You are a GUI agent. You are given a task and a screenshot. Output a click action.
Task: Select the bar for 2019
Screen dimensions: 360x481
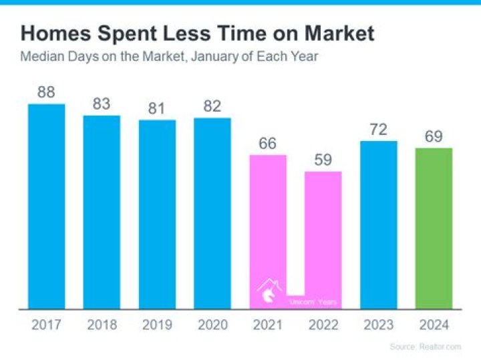[x=157, y=214]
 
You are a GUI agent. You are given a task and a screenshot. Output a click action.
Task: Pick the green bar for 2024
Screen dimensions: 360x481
[x=434, y=228]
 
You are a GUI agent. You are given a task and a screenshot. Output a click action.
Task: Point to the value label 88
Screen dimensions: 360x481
[x=46, y=92]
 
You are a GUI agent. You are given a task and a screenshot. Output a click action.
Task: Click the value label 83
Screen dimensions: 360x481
[x=102, y=104]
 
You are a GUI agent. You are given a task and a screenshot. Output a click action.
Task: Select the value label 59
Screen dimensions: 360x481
[x=323, y=160]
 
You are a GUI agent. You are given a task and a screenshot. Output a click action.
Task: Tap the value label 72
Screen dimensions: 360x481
[x=378, y=130]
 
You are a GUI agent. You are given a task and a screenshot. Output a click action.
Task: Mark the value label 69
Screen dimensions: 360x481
[x=434, y=136]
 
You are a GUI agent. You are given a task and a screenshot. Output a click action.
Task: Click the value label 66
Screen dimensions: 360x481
[x=268, y=144]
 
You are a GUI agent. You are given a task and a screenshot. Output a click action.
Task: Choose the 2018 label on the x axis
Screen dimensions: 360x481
[x=102, y=325]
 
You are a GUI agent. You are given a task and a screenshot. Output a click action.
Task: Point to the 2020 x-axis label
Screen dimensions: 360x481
[x=212, y=325]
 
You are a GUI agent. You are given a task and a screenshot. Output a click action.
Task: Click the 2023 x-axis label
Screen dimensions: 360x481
[x=378, y=325]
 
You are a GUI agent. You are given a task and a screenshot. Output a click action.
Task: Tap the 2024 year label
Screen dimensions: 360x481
[x=434, y=325]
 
